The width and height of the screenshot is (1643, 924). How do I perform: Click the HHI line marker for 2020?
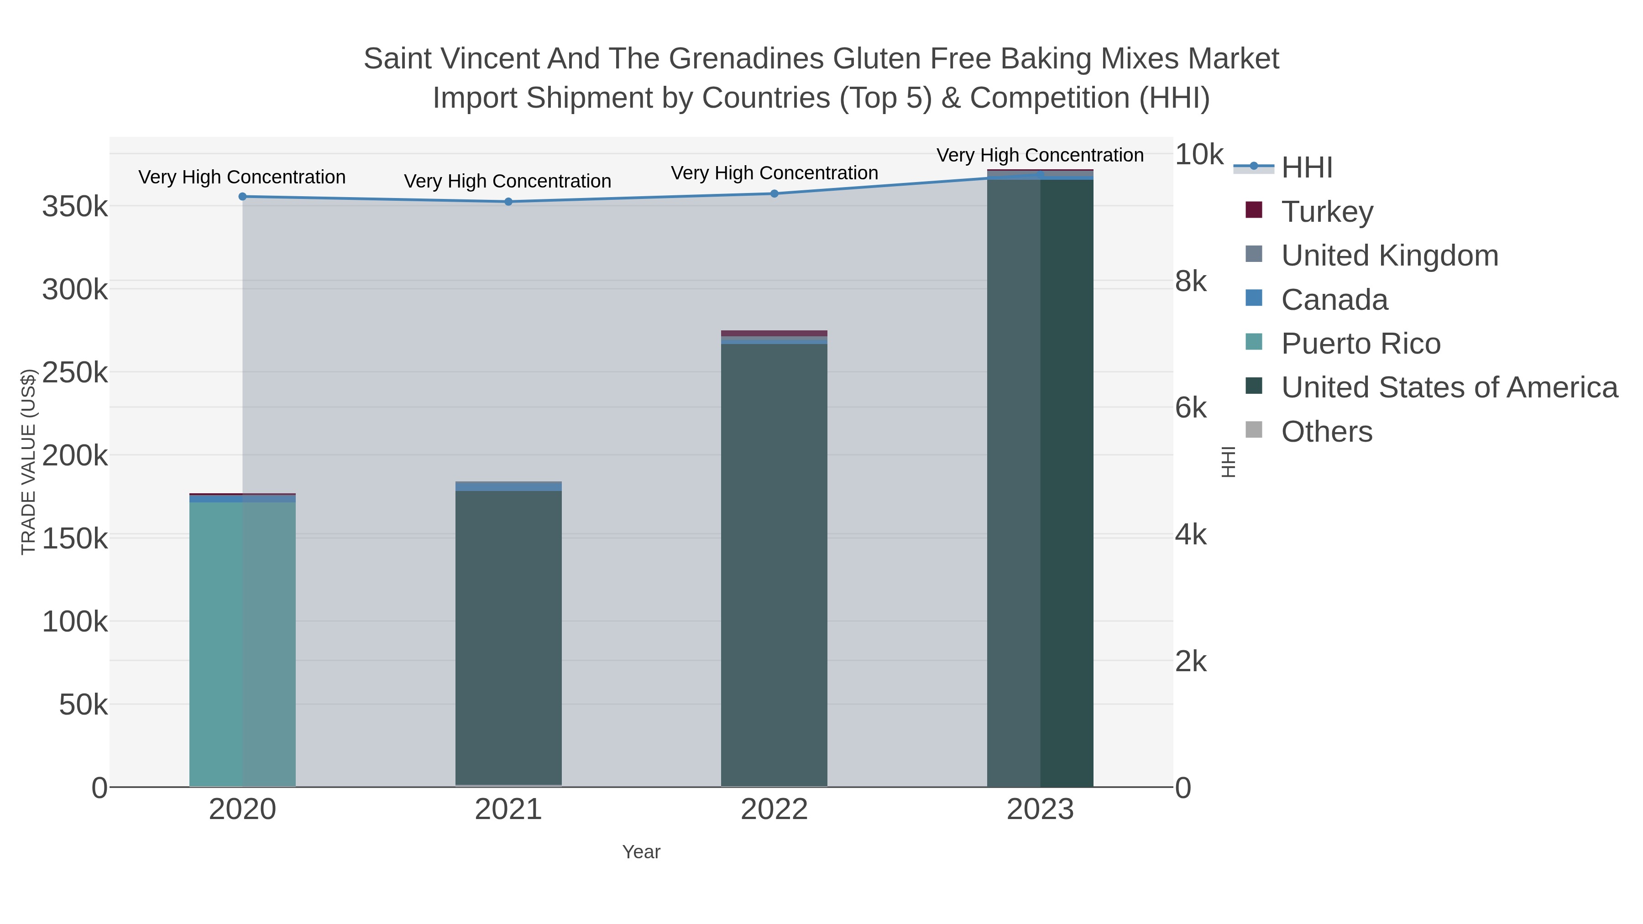click(242, 196)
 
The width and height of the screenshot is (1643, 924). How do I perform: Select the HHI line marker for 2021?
click(508, 202)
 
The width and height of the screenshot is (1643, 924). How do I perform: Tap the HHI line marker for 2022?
click(774, 193)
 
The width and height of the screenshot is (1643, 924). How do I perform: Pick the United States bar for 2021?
click(508, 638)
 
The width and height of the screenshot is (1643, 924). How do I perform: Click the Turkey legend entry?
click(1327, 212)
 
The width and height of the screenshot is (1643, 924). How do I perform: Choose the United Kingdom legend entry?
click(1389, 256)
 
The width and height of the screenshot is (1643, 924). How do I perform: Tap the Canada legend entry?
click(1334, 300)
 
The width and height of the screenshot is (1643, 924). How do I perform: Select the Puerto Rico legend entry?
click(1360, 344)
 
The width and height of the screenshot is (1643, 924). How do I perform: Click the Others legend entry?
click(1327, 432)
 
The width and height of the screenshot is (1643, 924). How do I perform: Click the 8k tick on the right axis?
click(1190, 281)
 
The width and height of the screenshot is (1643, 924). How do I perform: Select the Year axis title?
click(641, 852)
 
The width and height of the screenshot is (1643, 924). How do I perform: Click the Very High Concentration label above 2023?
click(1040, 155)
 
